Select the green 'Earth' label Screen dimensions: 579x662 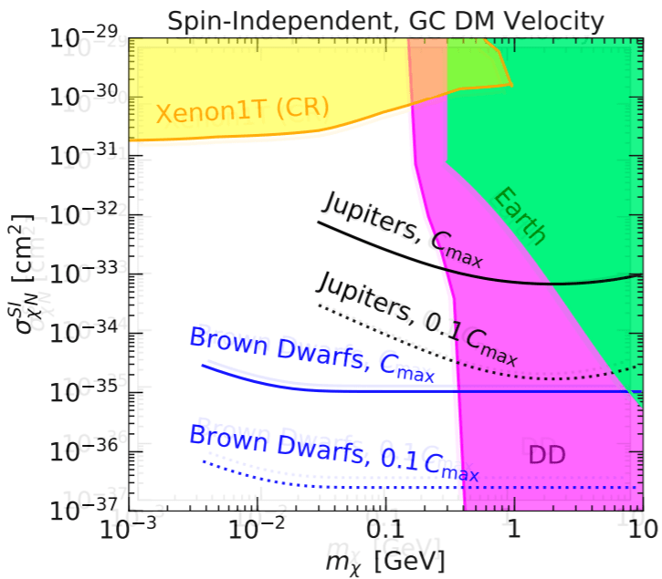[520, 216]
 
